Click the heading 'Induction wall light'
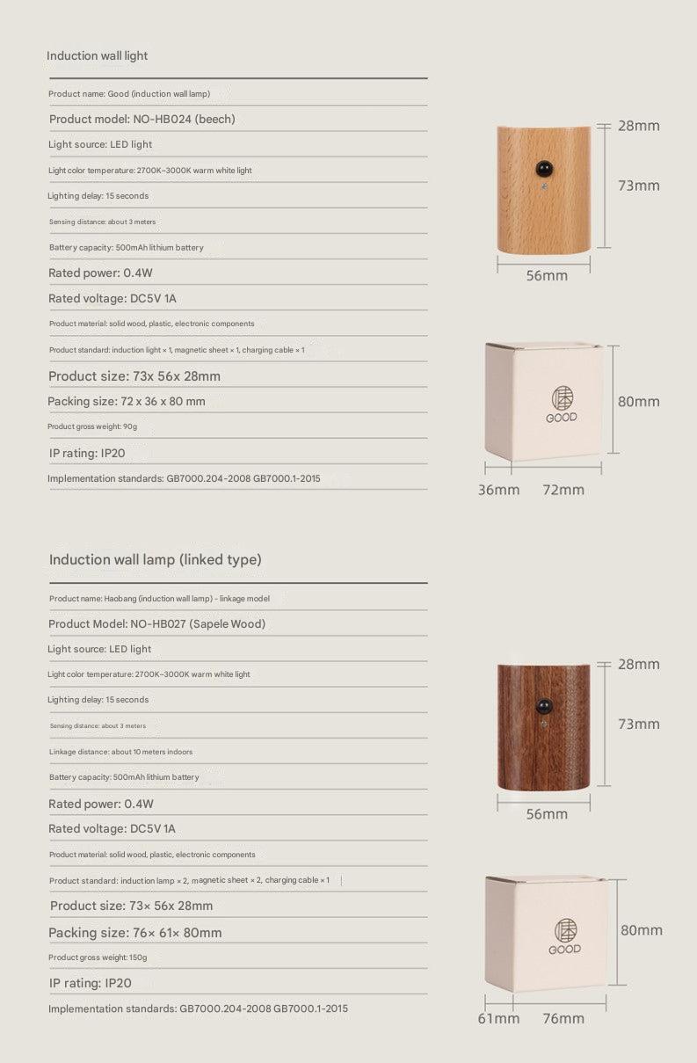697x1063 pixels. (x=98, y=55)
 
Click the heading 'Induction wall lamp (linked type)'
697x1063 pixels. (x=156, y=559)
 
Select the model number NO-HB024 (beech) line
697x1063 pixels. (x=142, y=119)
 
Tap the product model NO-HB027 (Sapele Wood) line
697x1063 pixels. (x=156, y=623)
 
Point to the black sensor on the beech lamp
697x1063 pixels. (x=542, y=166)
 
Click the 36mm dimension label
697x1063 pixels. (x=498, y=490)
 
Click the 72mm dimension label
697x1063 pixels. (x=563, y=490)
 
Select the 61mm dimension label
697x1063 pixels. (x=498, y=1018)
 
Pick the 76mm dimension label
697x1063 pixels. (x=563, y=1018)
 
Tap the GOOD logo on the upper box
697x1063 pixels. (x=562, y=404)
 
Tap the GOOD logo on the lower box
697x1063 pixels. (x=564, y=936)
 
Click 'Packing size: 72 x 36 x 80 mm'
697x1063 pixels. (x=127, y=401)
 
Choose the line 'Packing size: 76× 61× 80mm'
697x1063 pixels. (x=135, y=932)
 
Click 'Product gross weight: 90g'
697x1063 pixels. (x=93, y=426)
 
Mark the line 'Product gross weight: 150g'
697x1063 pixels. (x=98, y=957)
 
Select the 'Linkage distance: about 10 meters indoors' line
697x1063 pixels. (x=120, y=752)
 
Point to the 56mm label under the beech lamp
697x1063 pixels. (x=547, y=275)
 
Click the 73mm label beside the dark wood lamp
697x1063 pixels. (x=638, y=724)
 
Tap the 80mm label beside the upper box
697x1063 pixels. (x=638, y=401)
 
